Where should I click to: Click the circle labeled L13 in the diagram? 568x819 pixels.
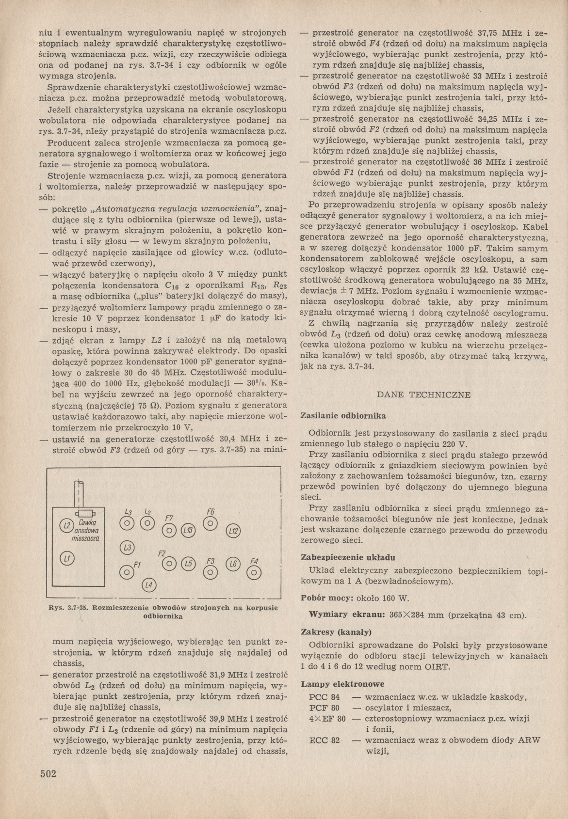188,531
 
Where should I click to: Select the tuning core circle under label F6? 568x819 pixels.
210,523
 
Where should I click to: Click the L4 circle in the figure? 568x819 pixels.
148,585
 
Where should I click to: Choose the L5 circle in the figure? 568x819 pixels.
189,563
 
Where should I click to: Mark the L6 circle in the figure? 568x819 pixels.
233,564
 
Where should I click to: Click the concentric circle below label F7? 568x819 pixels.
169,531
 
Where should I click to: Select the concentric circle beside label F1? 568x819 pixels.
127,572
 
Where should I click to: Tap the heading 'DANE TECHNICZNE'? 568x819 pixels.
423,394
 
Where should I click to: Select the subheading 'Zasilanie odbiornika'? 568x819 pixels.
343,416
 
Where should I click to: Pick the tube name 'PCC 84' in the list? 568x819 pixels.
325,697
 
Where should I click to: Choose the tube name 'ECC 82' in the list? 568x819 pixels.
325,740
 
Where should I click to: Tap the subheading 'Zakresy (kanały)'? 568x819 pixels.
336,632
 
